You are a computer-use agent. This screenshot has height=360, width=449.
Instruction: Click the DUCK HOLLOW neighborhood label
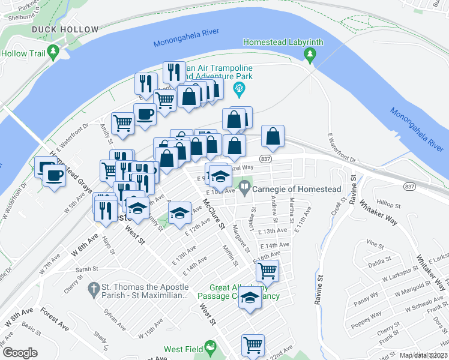pos(65,29)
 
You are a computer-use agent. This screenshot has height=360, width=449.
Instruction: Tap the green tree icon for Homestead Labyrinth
pos(310,56)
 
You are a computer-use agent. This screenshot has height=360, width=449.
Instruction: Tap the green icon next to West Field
pos(209,347)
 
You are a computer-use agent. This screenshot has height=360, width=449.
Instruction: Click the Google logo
pos(20,353)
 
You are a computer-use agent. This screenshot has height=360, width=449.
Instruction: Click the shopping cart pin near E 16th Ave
pos(267,271)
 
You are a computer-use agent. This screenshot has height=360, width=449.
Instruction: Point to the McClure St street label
pos(213,215)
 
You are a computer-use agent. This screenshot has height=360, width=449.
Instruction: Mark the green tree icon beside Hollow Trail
pos(54,52)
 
